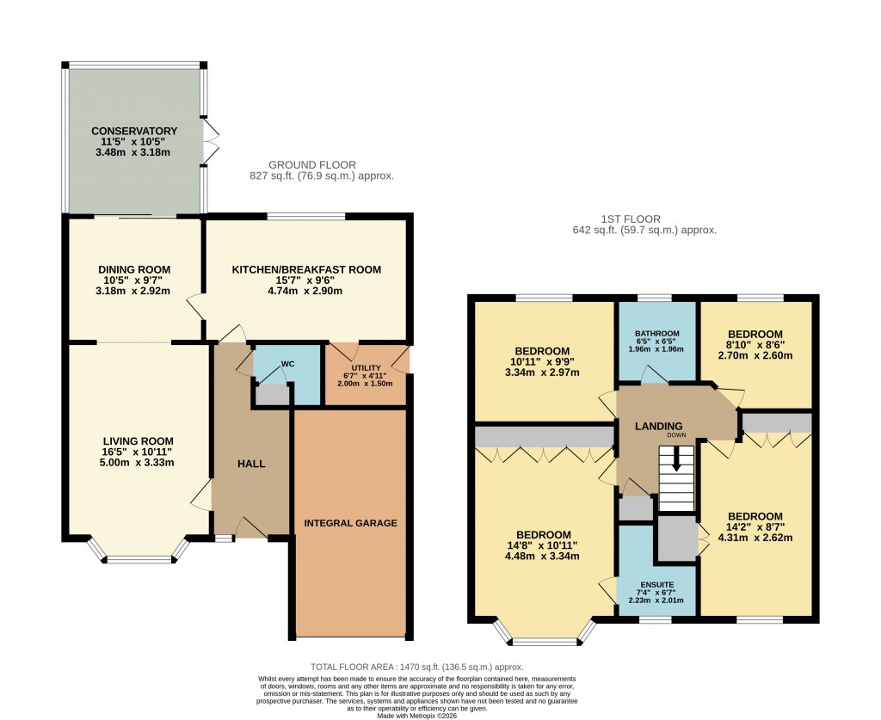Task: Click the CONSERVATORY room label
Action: click(134, 131)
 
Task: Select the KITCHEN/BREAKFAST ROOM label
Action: click(306, 269)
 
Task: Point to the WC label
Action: click(288, 364)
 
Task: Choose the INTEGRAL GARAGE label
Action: click(350, 523)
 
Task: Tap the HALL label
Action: click(251, 464)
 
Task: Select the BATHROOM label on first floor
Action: click(657, 334)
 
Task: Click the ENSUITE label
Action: click(657, 583)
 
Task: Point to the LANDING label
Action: click(658, 426)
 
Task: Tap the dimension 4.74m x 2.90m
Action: click(306, 291)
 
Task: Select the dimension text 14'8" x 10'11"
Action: click(543, 545)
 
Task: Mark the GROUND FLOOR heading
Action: click(311, 164)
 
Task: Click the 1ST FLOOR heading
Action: click(644, 218)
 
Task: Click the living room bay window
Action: click(139, 560)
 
